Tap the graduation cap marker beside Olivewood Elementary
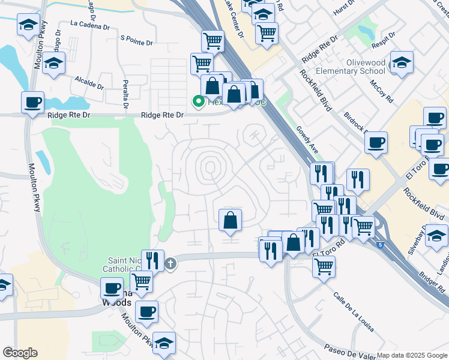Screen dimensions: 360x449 pos(401,62)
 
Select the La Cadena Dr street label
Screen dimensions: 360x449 pos(89,26)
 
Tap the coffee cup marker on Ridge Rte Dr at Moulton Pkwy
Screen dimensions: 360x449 pos(34,101)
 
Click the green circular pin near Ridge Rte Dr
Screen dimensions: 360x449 pos(197,102)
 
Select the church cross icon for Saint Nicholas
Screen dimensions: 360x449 pos(170,263)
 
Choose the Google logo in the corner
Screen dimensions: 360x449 pos(20,353)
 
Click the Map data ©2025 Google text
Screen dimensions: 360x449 pos(412,355)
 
